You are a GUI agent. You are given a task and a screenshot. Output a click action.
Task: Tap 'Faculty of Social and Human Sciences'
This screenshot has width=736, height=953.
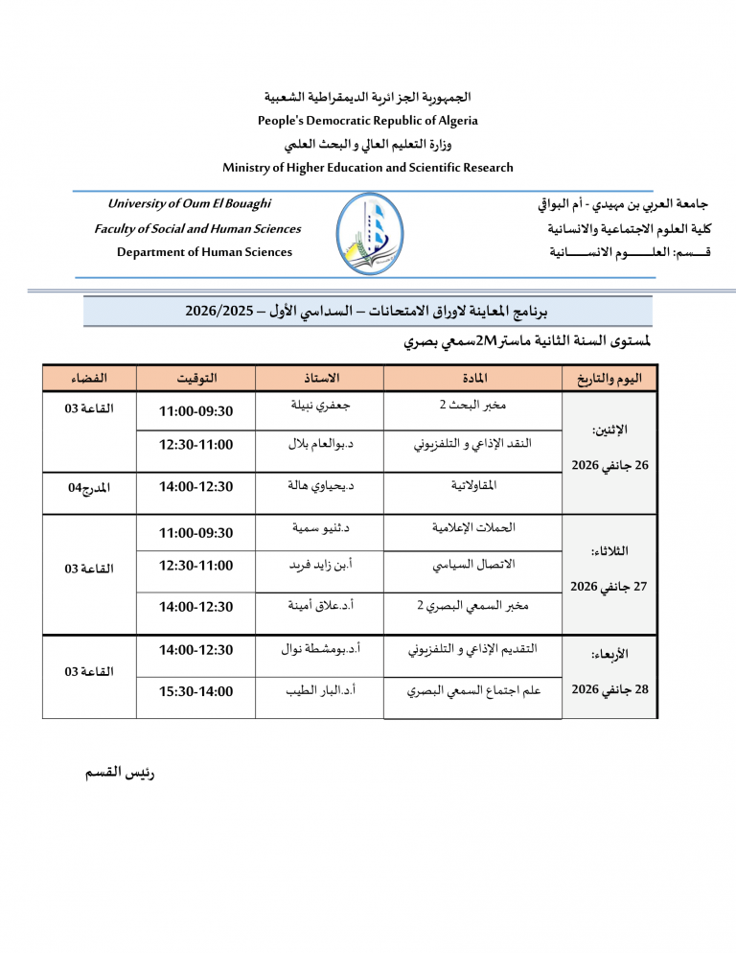point(197,229)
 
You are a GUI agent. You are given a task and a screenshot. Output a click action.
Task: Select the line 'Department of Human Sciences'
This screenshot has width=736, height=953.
point(204,252)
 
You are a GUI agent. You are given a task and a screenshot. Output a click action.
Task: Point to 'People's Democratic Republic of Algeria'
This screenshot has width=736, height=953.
point(367,121)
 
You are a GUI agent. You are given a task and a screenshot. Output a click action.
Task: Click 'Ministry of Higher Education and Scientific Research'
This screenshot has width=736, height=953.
point(367,168)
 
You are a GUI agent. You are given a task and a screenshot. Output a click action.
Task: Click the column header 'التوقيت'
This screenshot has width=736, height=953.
point(196,378)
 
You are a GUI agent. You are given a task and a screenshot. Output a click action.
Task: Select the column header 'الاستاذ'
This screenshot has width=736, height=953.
point(320,378)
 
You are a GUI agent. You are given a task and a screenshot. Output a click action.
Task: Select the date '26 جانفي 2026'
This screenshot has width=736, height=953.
point(609,466)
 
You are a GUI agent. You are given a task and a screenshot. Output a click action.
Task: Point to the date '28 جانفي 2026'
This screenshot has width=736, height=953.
point(609,688)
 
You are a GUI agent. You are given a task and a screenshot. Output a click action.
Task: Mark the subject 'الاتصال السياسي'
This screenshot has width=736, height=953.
point(473,565)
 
